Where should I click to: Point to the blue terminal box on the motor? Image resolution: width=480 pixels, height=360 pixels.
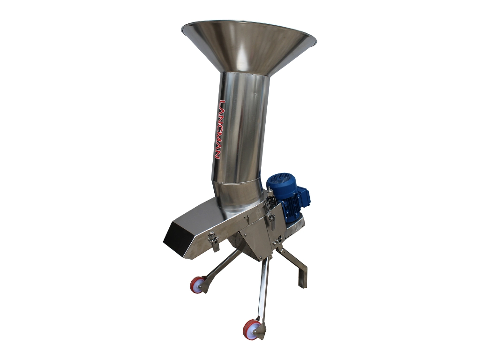[304, 195]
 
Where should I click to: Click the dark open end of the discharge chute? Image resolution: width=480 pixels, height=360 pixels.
[178, 241]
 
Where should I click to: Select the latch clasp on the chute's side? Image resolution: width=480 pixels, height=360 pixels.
[213, 241]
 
